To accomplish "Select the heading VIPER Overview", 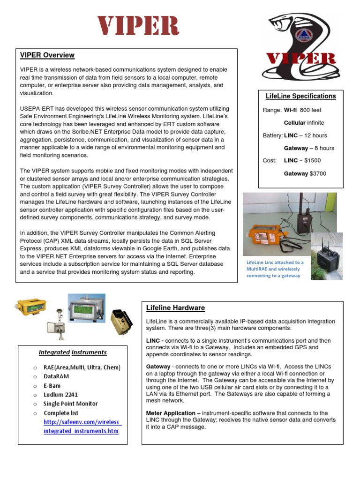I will pyautogui.click(x=47, y=55).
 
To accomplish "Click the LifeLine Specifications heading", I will pyautogui.click(x=300, y=96).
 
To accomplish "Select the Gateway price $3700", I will pyautogui.click(x=318, y=173).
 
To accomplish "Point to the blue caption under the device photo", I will pyautogui.click(x=275, y=269).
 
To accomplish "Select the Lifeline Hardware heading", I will pyautogui.click(x=175, y=308).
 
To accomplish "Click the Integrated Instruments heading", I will pyautogui.click(x=72, y=352).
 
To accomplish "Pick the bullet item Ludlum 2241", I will pyautogui.click(x=61, y=394).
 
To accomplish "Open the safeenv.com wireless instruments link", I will pyautogui.click(x=81, y=426).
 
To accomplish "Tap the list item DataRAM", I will pyautogui.click(x=57, y=376).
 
